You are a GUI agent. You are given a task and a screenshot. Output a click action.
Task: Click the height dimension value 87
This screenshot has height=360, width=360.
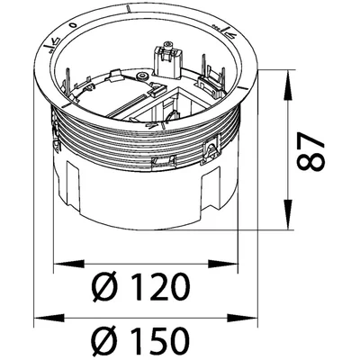(x=310, y=150)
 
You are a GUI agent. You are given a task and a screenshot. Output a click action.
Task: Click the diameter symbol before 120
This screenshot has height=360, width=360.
(x=105, y=286)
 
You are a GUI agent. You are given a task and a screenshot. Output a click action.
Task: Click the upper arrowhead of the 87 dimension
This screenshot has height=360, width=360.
(x=288, y=85)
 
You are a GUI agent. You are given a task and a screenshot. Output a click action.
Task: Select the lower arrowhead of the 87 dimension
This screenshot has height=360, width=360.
(x=288, y=214)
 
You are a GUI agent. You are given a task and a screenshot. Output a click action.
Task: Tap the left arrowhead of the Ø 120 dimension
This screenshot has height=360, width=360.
(x=68, y=264)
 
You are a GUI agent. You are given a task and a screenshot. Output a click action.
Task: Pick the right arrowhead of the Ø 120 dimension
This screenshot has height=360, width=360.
(x=222, y=264)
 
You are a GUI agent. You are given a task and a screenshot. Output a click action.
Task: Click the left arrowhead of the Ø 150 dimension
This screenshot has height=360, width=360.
(x=49, y=319)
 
